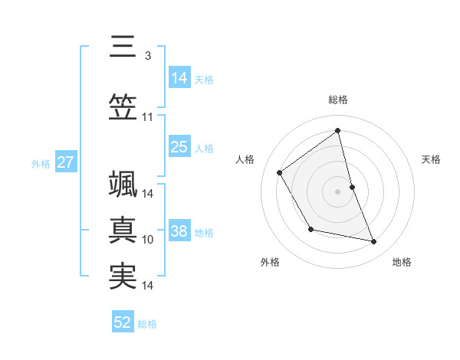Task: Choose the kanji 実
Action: coord(123,277)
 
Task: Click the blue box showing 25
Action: coord(179,147)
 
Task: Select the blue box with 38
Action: coord(179,232)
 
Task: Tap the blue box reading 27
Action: coord(65,163)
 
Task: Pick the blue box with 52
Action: coord(123,322)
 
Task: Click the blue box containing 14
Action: coord(179,78)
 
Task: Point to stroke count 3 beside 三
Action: coord(147,56)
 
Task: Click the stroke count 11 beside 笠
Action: coord(147,117)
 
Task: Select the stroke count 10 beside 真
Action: coord(148,240)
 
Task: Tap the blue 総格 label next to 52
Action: coord(147,324)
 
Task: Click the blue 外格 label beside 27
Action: coord(41,164)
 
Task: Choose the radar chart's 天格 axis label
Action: coord(431,159)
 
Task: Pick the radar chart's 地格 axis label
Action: coord(402,262)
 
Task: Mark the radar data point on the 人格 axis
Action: coord(280,172)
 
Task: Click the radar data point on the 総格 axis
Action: coord(337,130)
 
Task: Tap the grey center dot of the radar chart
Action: coord(337,191)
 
